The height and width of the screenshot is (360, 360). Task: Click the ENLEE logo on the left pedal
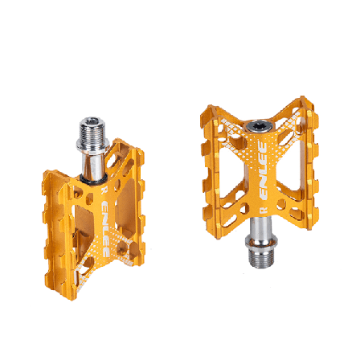[105, 229]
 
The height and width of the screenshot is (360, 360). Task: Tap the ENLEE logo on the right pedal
[264, 170]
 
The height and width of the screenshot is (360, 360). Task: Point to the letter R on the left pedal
[103, 190]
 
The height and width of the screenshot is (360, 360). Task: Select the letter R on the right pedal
[264, 210]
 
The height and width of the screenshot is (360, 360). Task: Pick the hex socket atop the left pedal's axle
[92, 121]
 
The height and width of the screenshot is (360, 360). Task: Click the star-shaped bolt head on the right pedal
[259, 126]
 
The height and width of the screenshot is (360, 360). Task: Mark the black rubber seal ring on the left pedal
[93, 179]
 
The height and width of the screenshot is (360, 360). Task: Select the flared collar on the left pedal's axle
[92, 145]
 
